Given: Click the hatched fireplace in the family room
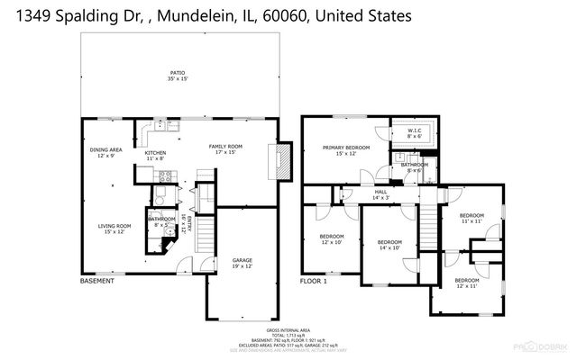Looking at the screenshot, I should pos(284,163).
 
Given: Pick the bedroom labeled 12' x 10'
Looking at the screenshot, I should pos(332,239).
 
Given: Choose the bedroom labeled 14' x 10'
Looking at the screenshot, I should pos(389,245).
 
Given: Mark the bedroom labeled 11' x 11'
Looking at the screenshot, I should pos(472,218).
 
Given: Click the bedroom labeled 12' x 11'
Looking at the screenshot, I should pos(467,283).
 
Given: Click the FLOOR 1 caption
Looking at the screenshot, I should pos(314,283).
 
